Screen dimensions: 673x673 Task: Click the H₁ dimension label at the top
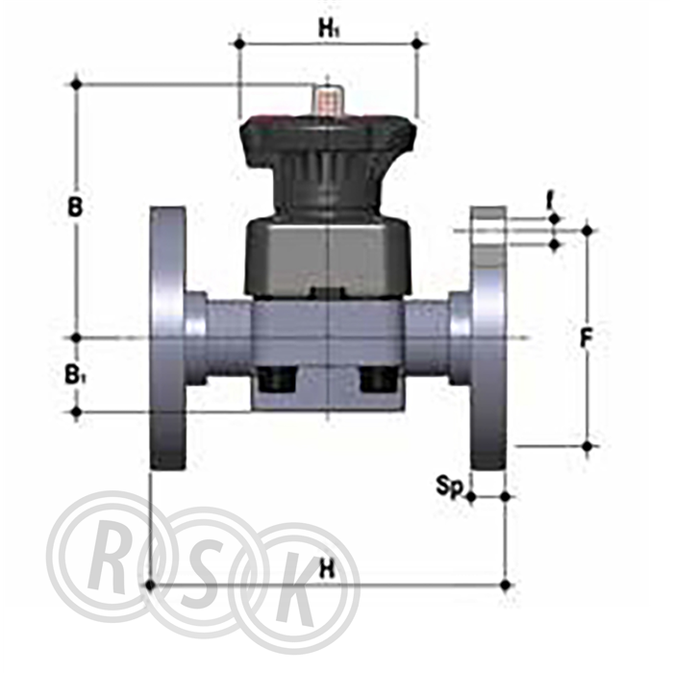pyautogui.click(x=329, y=28)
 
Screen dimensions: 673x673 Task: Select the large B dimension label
pyautogui.click(x=75, y=208)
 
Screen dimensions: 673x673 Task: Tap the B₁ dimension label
pyautogui.click(x=76, y=375)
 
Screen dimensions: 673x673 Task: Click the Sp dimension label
pyautogui.click(x=450, y=486)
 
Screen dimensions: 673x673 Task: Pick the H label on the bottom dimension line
pyautogui.click(x=327, y=570)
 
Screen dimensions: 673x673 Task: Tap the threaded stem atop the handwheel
pyautogui.click(x=329, y=101)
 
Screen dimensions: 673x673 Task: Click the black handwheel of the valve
pyautogui.click(x=329, y=163)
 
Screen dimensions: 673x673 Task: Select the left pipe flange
pyautogui.click(x=168, y=337)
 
